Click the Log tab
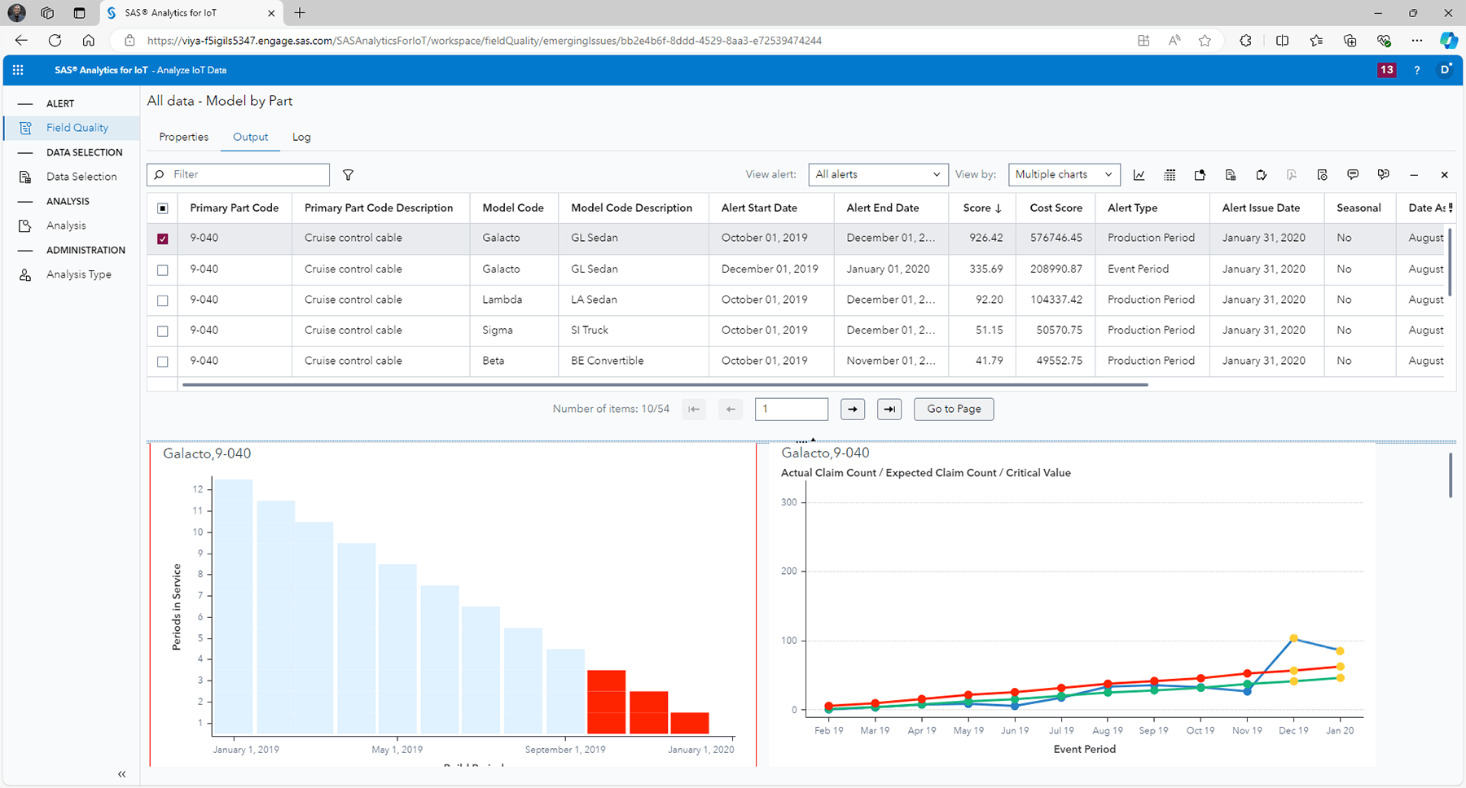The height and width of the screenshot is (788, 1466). [301, 137]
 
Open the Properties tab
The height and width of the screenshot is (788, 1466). [183, 137]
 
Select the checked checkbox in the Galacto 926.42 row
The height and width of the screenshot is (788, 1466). [163, 239]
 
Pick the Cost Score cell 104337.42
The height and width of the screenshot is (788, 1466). [1056, 300]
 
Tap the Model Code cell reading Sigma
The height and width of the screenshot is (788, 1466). [498, 330]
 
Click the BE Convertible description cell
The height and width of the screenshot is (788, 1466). [607, 361]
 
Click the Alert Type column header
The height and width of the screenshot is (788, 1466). [1132, 208]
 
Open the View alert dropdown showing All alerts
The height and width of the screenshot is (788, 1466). [877, 174]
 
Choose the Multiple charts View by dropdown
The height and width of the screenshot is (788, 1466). [1063, 174]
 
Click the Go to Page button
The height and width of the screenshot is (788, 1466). [953, 409]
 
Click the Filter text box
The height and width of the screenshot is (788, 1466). [244, 174]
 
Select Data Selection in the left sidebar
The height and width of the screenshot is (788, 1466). [81, 177]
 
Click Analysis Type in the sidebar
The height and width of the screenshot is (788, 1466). [79, 274]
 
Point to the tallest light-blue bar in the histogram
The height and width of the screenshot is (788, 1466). [233, 606]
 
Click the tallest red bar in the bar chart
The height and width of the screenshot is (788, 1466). [606, 702]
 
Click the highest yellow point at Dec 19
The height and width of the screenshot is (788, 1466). [1293, 638]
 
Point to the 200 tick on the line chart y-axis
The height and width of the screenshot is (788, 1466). [788, 571]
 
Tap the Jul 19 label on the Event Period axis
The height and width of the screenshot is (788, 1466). [1061, 730]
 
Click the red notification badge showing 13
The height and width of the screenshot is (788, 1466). [1386, 70]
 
